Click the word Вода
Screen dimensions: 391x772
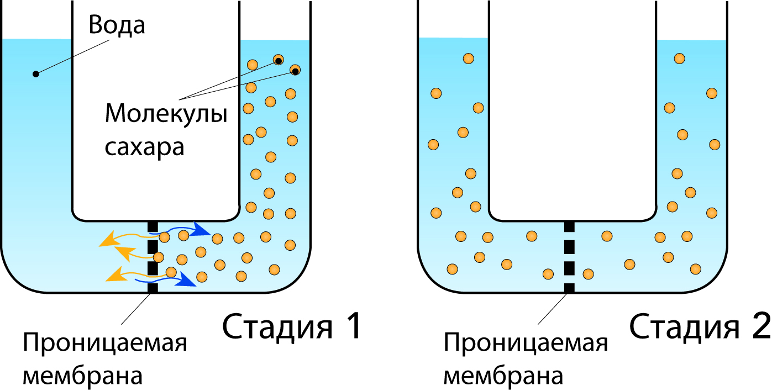(x=117, y=25)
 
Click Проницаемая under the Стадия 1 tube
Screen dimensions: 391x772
(x=104, y=345)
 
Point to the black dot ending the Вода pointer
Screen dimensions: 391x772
(x=36, y=73)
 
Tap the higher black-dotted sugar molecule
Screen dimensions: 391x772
(x=279, y=60)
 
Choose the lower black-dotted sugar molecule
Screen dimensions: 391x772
(x=295, y=70)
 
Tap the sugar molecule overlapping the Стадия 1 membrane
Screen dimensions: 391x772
(x=159, y=257)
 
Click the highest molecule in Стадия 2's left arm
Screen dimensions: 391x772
(x=469, y=58)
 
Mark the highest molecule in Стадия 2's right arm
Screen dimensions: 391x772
(x=680, y=59)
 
